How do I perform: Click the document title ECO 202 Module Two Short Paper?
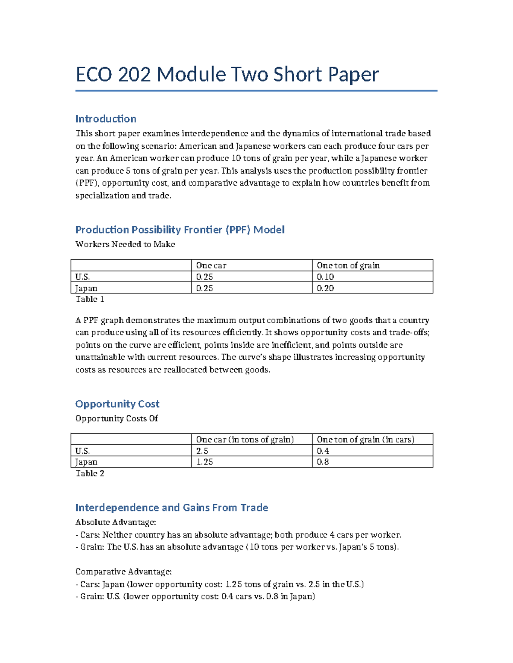[227, 75]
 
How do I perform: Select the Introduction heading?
[106, 119]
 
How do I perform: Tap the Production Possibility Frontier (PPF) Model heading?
[180, 230]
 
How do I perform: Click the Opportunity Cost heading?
[117, 404]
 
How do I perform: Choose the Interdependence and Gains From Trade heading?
[171, 508]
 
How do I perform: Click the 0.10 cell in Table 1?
[325, 277]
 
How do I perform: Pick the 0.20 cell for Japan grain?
[325, 288]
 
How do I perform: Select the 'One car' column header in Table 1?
[211, 265]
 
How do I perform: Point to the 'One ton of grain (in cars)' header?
[366, 439]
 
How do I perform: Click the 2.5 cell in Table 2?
[202, 451]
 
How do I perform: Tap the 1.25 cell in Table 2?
[204, 462]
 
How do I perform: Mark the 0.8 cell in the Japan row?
[323, 462]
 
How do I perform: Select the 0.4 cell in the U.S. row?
[323, 451]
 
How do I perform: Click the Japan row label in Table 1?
[86, 288]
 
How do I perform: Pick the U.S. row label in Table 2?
[83, 451]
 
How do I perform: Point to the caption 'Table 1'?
[90, 299]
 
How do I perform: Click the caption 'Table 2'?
[90, 473]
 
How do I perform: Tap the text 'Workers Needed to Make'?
[125, 244]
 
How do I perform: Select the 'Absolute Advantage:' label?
[115, 522]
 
